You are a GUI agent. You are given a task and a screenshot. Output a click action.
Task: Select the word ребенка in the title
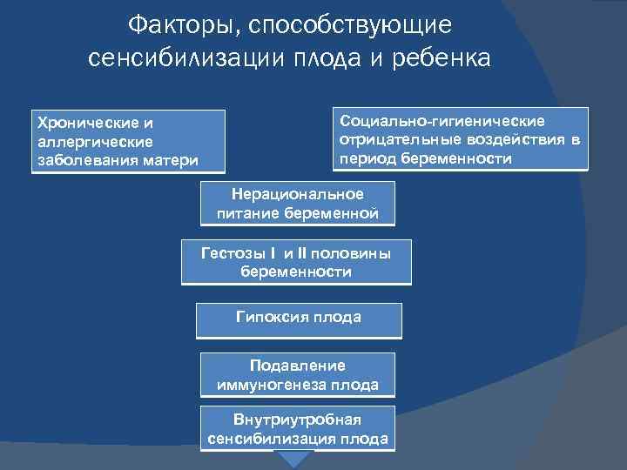click(x=443, y=58)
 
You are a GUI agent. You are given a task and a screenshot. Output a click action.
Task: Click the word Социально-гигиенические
click(x=442, y=120)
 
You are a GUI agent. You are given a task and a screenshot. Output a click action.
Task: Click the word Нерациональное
click(x=297, y=194)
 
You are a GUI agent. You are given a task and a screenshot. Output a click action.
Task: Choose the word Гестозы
click(x=231, y=253)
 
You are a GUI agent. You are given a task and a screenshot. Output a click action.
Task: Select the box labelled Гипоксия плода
click(x=298, y=319)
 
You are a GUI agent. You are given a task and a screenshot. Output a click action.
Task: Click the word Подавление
click(x=297, y=366)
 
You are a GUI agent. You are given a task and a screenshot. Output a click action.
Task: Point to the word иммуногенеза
click(x=273, y=384)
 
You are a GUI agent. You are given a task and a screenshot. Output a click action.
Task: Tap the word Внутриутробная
click(x=297, y=420)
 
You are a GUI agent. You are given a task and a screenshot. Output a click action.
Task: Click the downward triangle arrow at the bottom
click(x=297, y=460)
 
